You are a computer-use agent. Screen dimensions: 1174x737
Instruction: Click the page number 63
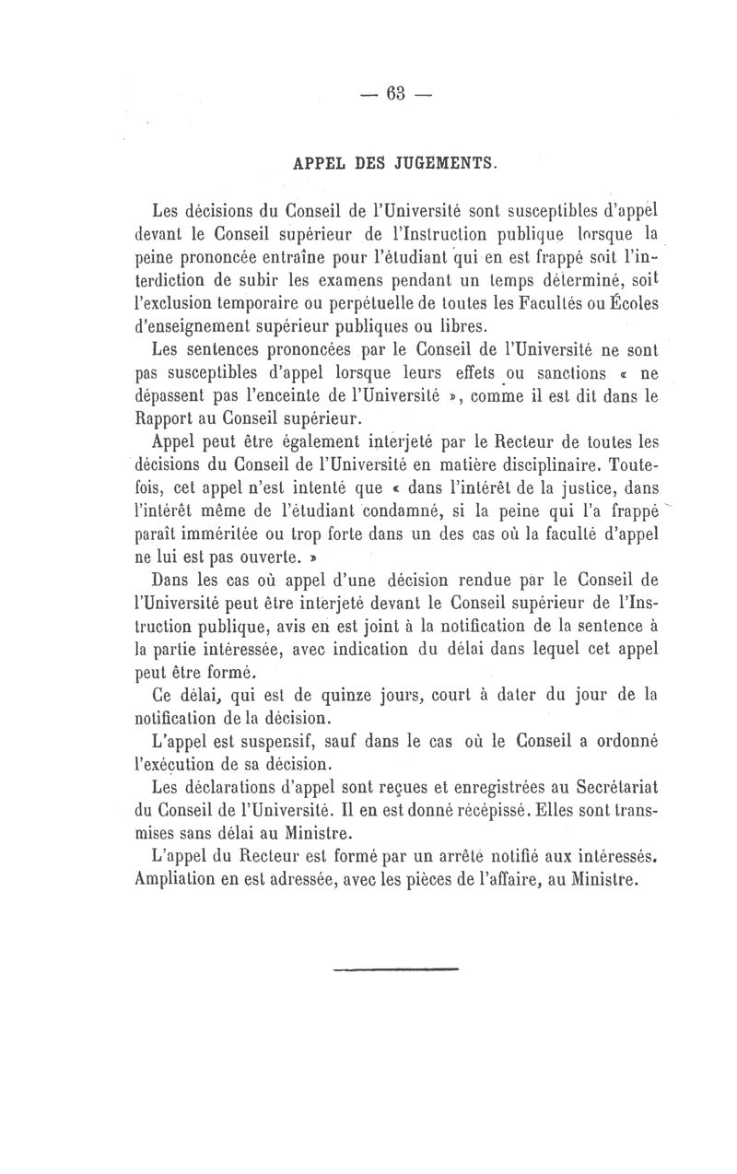(x=397, y=95)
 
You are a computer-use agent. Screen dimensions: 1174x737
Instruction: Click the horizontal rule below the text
(x=394, y=969)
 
